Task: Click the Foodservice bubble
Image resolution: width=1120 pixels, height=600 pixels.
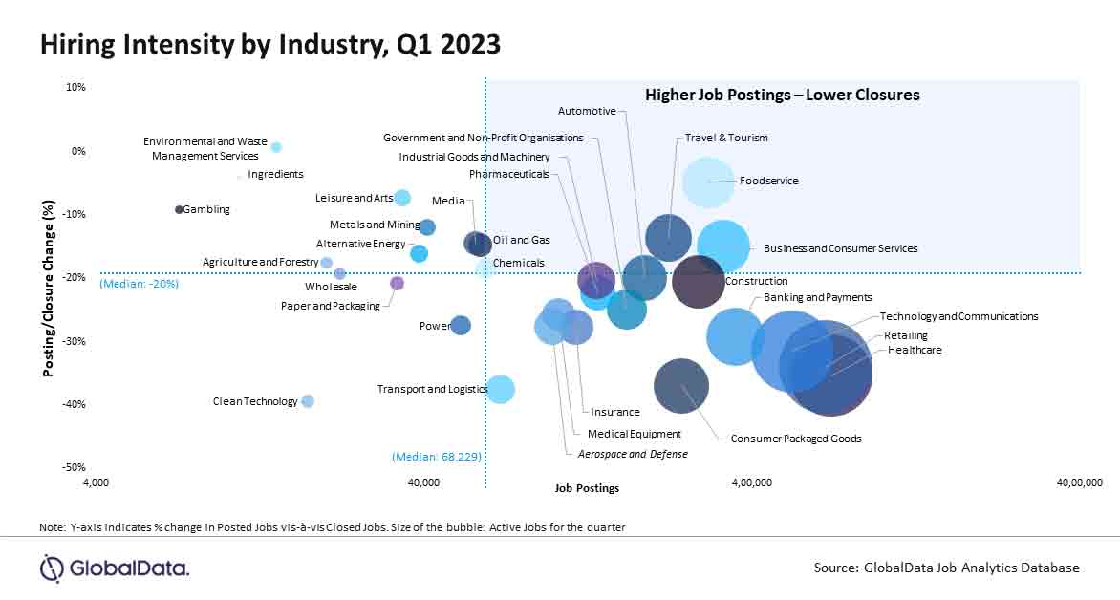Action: (708, 182)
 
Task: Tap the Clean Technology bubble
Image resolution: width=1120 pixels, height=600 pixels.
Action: (308, 401)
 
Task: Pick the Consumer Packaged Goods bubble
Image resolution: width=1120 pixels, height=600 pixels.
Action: (681, 386)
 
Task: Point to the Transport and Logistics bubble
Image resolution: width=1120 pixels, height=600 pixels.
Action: (501, 389)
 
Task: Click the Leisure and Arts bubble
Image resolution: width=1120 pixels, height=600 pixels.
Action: (402, 198)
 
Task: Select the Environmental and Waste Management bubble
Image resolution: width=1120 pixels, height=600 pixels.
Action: (276, 147)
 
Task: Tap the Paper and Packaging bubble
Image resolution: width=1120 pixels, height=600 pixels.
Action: (398, 283)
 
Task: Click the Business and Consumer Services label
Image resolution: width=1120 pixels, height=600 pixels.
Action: (840, 248)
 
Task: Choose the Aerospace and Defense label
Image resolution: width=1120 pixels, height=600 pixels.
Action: (632, 454)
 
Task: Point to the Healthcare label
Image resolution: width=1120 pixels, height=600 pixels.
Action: (915, 350)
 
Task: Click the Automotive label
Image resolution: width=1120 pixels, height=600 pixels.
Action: (586, 111)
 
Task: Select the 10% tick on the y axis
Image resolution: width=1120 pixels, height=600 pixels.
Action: (75, 87)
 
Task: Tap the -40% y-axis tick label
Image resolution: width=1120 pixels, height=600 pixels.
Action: (73, 404)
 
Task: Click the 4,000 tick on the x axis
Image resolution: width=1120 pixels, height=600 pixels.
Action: (97, 482)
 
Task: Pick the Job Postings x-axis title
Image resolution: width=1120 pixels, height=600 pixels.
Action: (587, 488)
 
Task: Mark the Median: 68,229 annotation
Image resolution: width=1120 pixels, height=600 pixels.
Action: (436, 457)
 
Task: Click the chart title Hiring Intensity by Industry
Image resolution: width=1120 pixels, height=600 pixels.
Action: (269, 44)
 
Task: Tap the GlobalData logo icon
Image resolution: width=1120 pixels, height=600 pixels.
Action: (52, 568)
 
